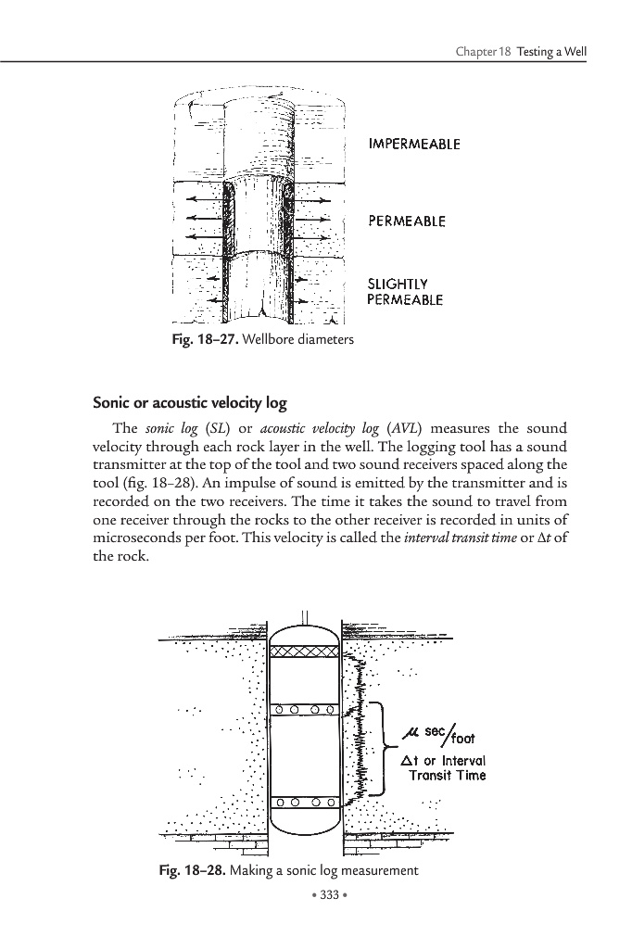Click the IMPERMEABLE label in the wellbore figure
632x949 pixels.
tap(414, 144)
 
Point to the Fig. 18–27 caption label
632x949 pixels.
tap(196, 340)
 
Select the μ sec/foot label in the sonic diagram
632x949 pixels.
tap(439, 736)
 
